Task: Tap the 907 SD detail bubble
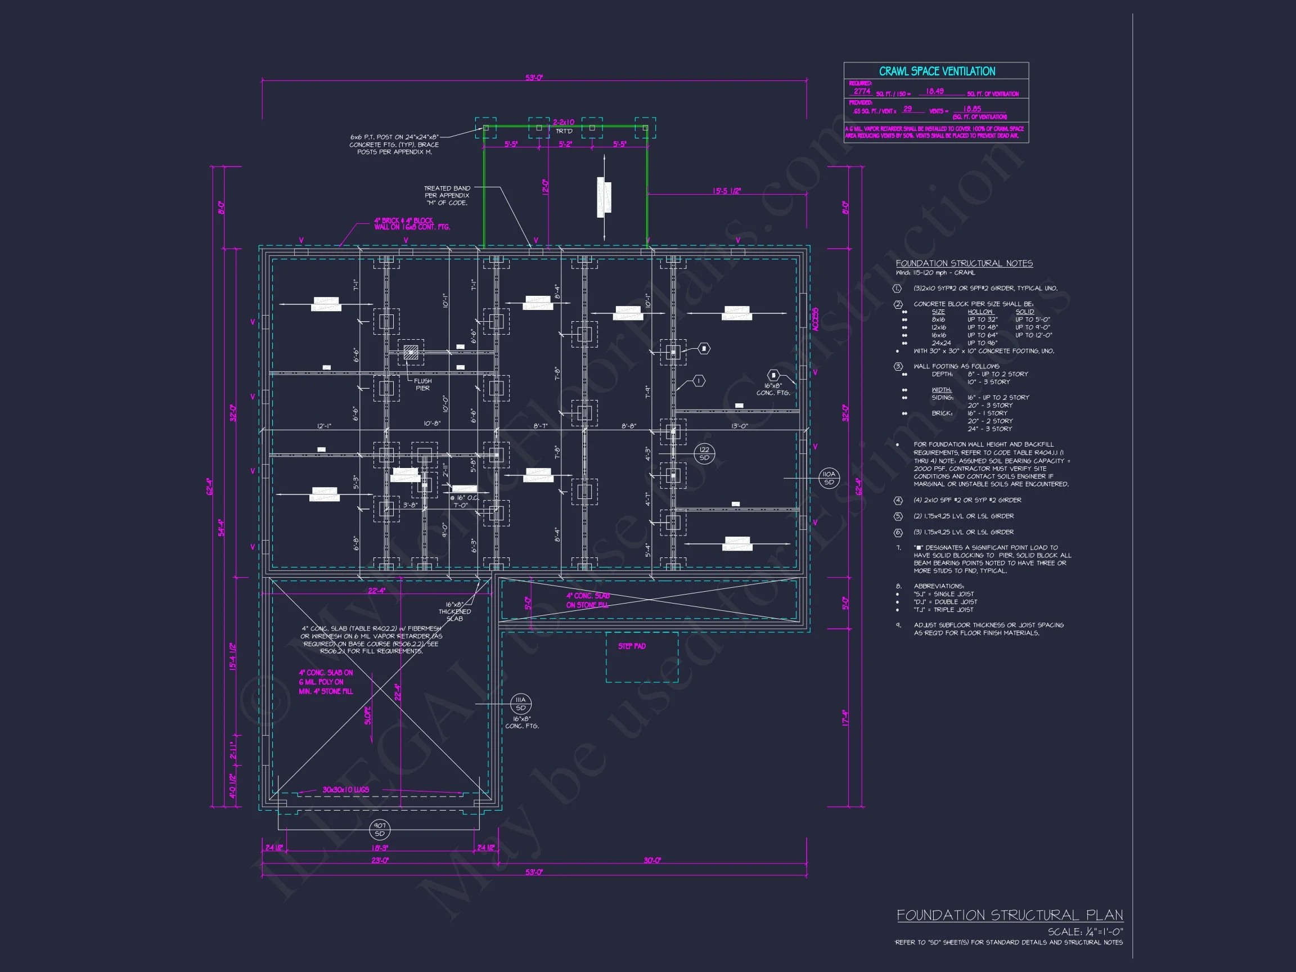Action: (380, 830)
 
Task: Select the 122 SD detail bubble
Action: (704, 453)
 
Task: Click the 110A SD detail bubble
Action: (829, 478)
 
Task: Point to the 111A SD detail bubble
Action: (521, 704)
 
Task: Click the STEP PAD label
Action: (631, 646)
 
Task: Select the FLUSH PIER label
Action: (422, 384)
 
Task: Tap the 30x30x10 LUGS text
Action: (346, 790)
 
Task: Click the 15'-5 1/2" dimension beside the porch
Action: (727, 191)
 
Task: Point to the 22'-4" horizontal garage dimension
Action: (376, 591)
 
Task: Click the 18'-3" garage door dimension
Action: (380, 848)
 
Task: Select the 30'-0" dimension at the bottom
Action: (652, 860)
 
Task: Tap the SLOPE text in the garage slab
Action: (368, 715)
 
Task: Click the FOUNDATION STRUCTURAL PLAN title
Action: (1010, 915)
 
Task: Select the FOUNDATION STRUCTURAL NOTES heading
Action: (964, 264)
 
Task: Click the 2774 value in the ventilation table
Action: (862, 91)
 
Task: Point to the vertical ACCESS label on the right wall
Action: (815, 320)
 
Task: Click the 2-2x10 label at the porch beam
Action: (564, 123)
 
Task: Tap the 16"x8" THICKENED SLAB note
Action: (454, 611)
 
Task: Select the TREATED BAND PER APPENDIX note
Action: (447, 196)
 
